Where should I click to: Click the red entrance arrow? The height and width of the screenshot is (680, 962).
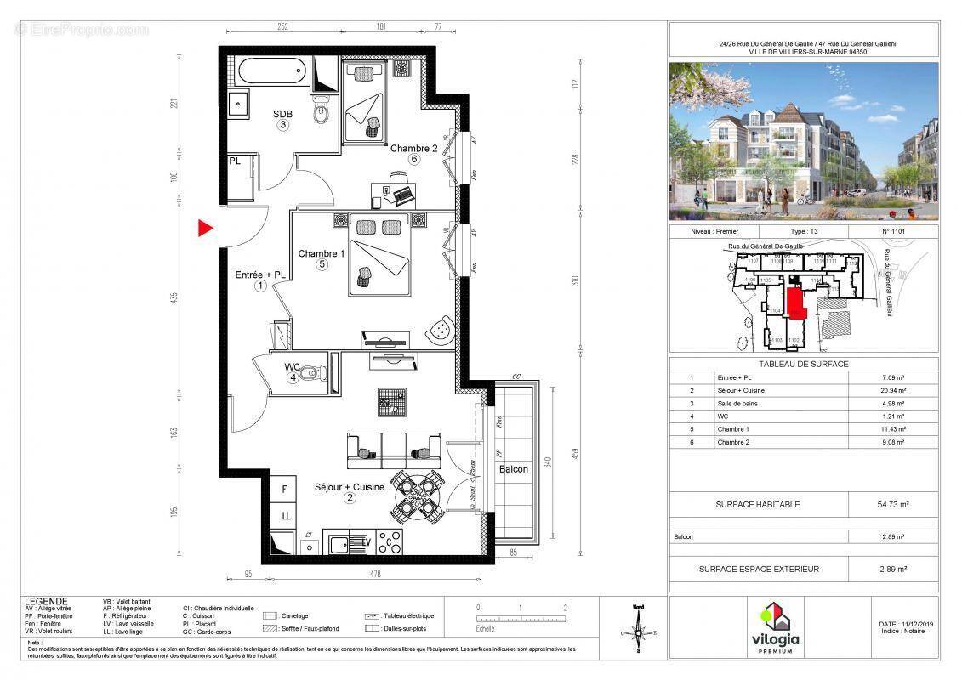[x=205, y=228]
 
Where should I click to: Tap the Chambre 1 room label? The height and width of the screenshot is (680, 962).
[x=321, y=253]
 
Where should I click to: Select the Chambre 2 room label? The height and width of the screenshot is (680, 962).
[x=413, y=148]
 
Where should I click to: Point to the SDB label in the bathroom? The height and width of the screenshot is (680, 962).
[x=282, y=114]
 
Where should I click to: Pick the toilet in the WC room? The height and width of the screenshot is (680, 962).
[x=316, y=372]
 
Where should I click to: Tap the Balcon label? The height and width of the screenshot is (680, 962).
[x=514, y=469]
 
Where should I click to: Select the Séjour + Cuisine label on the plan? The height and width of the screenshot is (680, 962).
[x=349, y=487]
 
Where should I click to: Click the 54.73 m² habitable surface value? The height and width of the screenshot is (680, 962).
[x=892, y=504]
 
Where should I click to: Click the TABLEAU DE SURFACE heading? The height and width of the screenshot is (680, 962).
[x=804, y=364]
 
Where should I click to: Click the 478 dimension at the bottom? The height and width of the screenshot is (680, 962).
[x=374, y=573]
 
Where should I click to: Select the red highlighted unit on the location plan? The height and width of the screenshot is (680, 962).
[x=795, y=302]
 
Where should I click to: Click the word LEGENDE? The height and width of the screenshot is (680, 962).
[x=47, y=601]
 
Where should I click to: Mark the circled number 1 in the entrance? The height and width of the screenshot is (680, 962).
[x=259, y=286]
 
